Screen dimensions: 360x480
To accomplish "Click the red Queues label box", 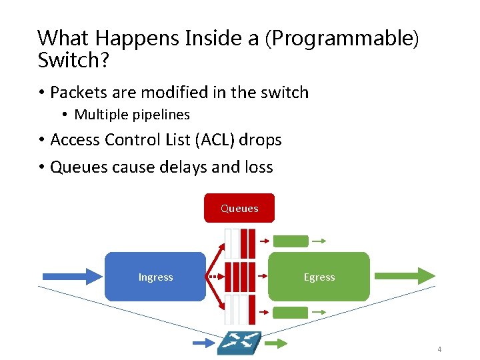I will point(239,208).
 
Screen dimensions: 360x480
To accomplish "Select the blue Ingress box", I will point(155,277).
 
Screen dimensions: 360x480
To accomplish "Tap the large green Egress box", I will point(319,277).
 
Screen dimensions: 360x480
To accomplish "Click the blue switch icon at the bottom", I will point(239,343).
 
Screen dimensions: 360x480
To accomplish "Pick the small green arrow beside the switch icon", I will point(275,343).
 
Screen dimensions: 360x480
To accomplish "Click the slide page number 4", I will point(439,349).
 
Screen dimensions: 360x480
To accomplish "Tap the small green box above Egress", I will point(291,241).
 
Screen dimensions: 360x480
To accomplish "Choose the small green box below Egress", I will point(291,311).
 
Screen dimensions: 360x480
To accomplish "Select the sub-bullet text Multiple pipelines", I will point(132,115).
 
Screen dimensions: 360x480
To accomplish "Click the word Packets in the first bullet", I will point(77,92).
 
